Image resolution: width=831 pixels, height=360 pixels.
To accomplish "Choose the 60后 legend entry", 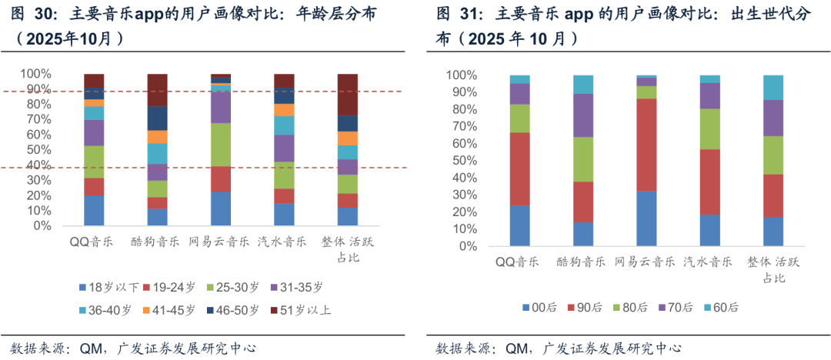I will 720,306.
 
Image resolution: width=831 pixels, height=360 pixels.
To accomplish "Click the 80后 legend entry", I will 629,306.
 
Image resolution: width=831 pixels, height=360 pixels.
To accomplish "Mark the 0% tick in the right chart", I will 466,247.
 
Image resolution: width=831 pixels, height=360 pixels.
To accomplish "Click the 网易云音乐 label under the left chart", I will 220,242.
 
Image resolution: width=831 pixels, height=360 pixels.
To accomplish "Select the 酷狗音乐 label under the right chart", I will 583,262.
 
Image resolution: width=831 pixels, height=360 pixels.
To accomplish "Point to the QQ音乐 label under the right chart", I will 520,262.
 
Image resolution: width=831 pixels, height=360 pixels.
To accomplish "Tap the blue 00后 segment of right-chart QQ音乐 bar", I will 519,225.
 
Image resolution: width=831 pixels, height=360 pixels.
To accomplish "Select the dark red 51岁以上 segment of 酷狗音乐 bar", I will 157,89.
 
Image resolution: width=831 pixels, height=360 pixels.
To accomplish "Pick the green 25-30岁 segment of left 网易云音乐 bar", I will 221,144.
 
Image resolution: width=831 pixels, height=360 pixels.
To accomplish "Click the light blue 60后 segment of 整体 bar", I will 773,87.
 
